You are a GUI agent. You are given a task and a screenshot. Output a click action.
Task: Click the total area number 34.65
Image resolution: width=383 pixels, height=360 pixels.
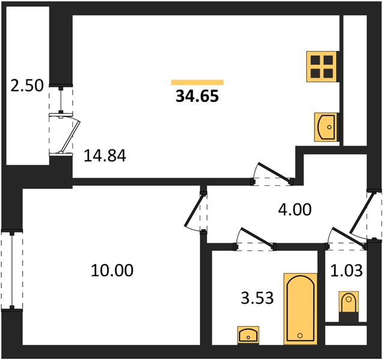coord(197,96)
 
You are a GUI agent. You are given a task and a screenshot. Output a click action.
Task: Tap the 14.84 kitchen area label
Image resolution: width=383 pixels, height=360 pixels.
coord(105,156)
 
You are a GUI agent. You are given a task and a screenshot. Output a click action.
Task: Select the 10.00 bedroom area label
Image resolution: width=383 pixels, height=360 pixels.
coord(112,270)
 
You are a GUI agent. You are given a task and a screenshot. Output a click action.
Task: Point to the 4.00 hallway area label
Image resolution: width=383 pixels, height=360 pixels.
coord(295,209)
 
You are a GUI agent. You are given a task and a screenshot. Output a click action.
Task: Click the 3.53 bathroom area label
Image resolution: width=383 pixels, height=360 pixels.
coord(257,298)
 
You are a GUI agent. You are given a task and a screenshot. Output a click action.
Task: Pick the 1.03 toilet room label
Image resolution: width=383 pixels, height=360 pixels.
coord(346,271)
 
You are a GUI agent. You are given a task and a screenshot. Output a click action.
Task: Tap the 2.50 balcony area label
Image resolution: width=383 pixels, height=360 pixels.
coord(27,86)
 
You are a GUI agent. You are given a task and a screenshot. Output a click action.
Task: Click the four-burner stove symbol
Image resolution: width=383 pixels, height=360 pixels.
coord(322,67)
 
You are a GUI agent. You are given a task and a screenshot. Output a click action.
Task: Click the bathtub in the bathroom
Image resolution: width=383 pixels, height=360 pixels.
coord(300,309)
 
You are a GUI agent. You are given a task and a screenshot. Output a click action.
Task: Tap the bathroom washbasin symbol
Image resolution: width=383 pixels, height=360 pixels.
coord(248,335)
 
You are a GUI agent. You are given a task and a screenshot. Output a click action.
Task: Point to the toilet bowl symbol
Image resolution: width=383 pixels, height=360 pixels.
coord(349,302)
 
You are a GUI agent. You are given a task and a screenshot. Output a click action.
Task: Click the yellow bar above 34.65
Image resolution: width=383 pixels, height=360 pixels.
coord(198,82)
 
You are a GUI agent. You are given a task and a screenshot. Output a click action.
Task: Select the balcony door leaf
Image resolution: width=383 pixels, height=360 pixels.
coord(70,136)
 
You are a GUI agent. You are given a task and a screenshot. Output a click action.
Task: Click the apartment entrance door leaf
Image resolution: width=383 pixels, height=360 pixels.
coord(360,213)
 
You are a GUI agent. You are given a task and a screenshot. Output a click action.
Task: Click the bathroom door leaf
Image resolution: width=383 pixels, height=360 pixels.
coord(258,236)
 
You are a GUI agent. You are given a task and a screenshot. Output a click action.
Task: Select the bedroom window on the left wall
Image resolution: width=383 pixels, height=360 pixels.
coord(11,269)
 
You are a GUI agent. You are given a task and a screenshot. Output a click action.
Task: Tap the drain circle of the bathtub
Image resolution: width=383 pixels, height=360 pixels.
coord(300,335)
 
